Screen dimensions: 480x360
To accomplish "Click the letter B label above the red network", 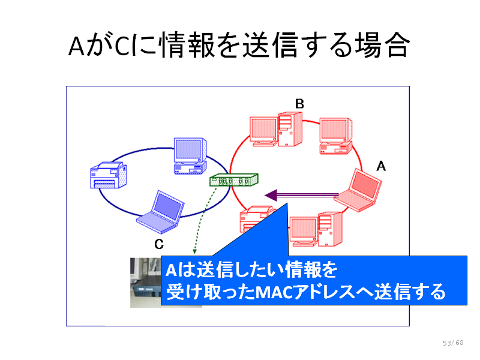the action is [299, 104].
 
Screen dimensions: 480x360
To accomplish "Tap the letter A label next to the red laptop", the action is [381, 166].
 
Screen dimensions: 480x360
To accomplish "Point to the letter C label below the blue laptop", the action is [159, 244].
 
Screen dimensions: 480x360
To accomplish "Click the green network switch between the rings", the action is [234, 180].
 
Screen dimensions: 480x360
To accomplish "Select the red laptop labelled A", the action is [358, 190].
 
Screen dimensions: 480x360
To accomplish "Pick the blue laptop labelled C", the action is [160, 212].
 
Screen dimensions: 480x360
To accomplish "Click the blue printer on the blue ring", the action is [109, 175].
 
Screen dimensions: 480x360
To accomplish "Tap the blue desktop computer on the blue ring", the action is [190, 156].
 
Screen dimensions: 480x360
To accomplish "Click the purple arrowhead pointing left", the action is [271, 196].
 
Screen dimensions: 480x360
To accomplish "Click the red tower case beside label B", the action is [290, 129].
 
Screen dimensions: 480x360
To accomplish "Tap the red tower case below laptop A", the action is [329, 229].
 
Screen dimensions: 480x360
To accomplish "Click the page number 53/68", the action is [453, 343].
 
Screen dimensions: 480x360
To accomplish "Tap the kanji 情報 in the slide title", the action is [187, 46].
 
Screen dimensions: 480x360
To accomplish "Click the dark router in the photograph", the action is [146, 291].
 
